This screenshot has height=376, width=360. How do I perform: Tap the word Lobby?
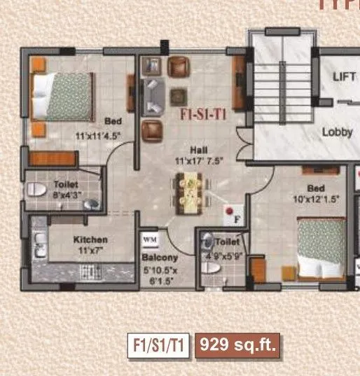[337, 132]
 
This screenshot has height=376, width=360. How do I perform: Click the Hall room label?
[197, 149]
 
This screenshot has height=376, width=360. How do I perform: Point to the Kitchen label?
[90, 239]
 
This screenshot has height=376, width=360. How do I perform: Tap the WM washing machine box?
[150, 239]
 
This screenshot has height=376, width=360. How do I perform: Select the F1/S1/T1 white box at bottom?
[158, 344]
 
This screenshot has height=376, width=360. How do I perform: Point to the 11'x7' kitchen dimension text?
[90, 250]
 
